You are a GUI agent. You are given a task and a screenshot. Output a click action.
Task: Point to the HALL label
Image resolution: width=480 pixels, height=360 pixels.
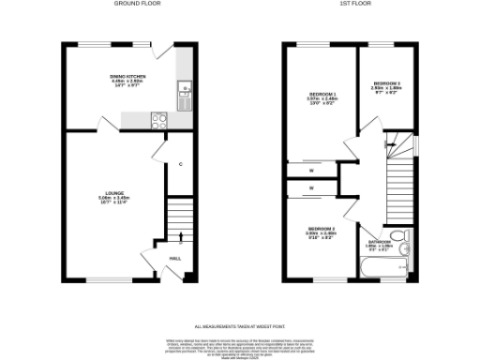pos(175,260)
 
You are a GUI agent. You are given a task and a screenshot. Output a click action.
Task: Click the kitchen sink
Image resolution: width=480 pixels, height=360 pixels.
pos(186,90)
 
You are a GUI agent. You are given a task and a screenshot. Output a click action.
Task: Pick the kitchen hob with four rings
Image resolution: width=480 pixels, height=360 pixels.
pos(157,119)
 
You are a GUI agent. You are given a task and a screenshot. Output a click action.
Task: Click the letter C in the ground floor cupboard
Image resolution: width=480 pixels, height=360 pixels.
pos(180,164)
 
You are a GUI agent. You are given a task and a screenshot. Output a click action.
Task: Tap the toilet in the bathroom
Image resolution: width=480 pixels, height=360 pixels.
pos(401,235)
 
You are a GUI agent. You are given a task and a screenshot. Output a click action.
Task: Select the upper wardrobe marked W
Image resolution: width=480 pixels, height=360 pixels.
pos(310,170)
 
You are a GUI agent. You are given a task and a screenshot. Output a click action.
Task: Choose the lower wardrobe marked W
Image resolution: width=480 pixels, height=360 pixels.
pos(310,190)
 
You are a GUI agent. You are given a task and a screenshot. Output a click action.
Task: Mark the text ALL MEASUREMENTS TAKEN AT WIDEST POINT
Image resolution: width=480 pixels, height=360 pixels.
pos(238,317)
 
